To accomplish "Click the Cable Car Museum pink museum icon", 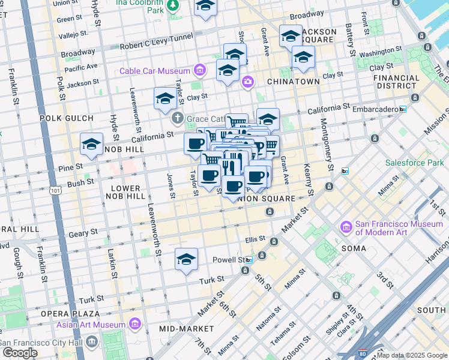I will coord(200,71).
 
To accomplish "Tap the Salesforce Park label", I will coord(414,163).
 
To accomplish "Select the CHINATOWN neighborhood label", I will coord(294,81).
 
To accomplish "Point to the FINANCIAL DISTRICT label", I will coord(396,82).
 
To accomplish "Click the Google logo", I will coord(20,353).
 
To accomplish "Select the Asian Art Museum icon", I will coord(136,325).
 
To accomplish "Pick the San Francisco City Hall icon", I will coord(92,342).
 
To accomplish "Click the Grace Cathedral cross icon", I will coord(178,118).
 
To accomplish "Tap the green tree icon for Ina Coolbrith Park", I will coord(173,5).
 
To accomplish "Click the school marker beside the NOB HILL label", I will coord(92,145).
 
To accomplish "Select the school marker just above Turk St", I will coord(187,260).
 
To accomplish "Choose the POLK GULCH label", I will coord(67,118).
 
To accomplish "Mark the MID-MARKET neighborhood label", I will coord(187,329).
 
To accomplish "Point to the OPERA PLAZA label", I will coord(70,314).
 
